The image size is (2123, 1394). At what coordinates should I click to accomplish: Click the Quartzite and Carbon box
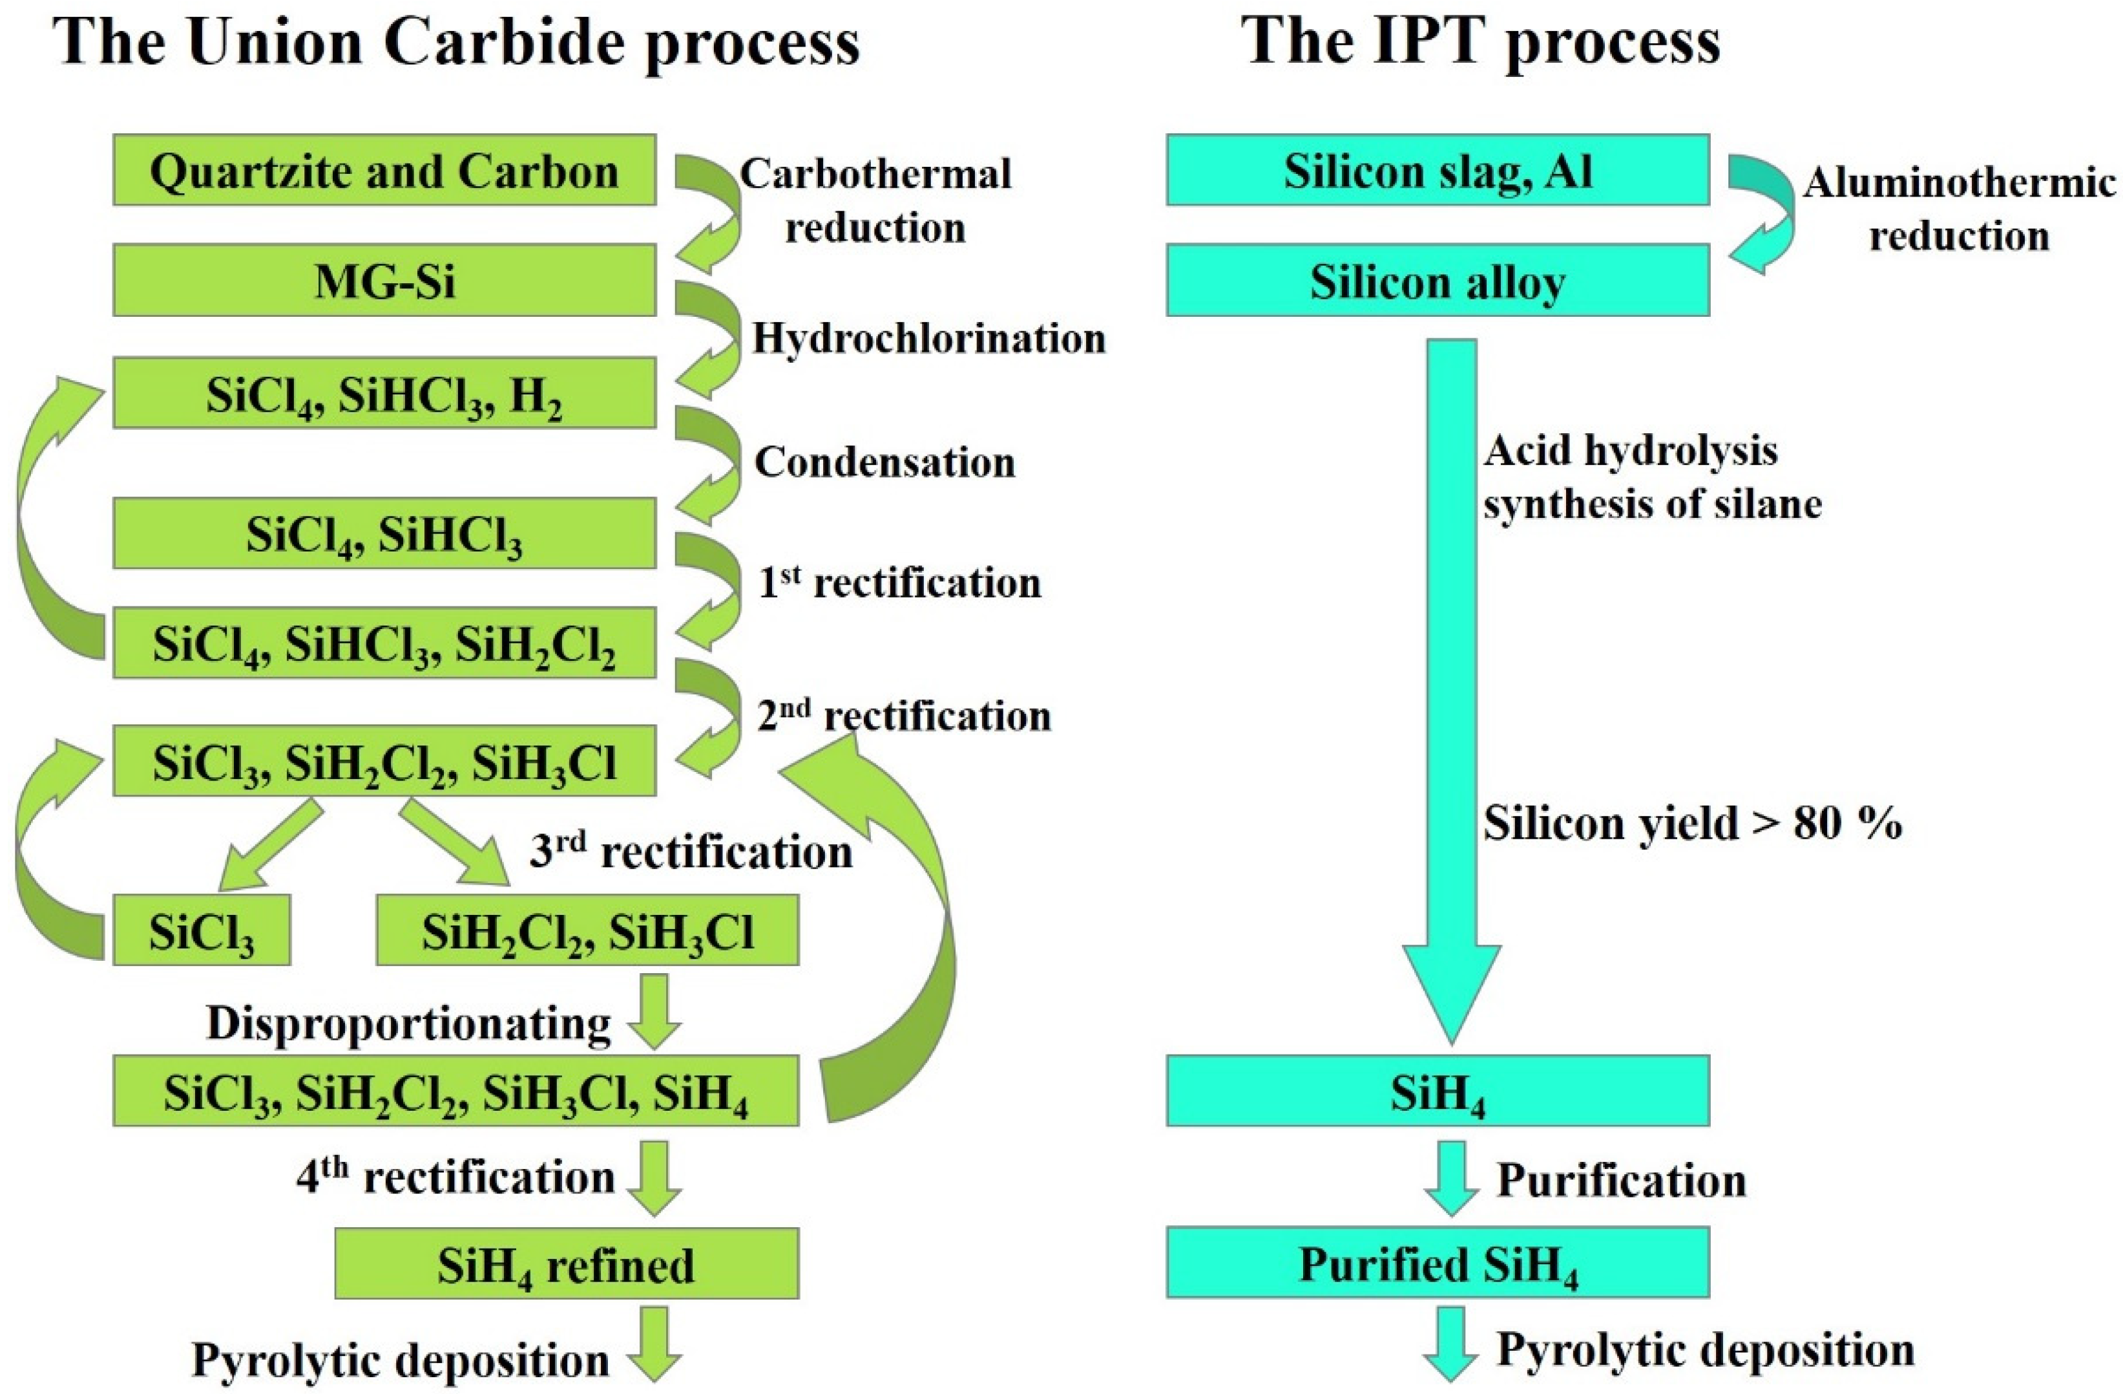pos(384,171)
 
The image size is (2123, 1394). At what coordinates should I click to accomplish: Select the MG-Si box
pos(384,281)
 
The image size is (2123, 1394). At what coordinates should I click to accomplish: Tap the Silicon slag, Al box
pos(1437,171)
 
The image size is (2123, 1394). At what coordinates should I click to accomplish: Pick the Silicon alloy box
pos(1437,281)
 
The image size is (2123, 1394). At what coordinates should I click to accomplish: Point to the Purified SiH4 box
pos(1437,1263)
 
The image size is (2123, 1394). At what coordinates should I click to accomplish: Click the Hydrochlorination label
pos(928,338)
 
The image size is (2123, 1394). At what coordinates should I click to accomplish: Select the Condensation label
pos(885,462)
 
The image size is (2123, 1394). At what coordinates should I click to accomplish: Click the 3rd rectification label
pos(691,852)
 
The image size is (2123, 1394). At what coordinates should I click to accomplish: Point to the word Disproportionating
pos(408,1023)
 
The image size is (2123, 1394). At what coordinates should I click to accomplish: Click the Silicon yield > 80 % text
pos(1692,822)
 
